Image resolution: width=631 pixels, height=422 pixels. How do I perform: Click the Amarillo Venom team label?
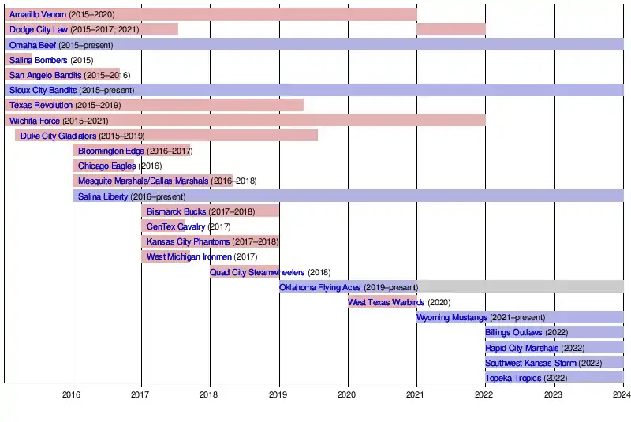click(x=38, y=14)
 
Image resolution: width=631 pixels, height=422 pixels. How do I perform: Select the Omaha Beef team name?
click(x=32, y=45)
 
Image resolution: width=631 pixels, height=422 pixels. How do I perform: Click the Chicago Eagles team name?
click(x=106, y=166)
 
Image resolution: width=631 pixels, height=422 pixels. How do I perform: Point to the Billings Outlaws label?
click(x=513, y=332)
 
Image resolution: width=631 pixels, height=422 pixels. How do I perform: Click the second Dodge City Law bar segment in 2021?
click(x=451, y=29)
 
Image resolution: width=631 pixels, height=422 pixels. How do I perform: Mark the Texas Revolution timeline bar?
click(x=237, y=105)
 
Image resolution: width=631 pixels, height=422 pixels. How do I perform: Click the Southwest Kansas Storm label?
click(x=531, y=363)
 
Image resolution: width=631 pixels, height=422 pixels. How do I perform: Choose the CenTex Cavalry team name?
click(x=176, y=226)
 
